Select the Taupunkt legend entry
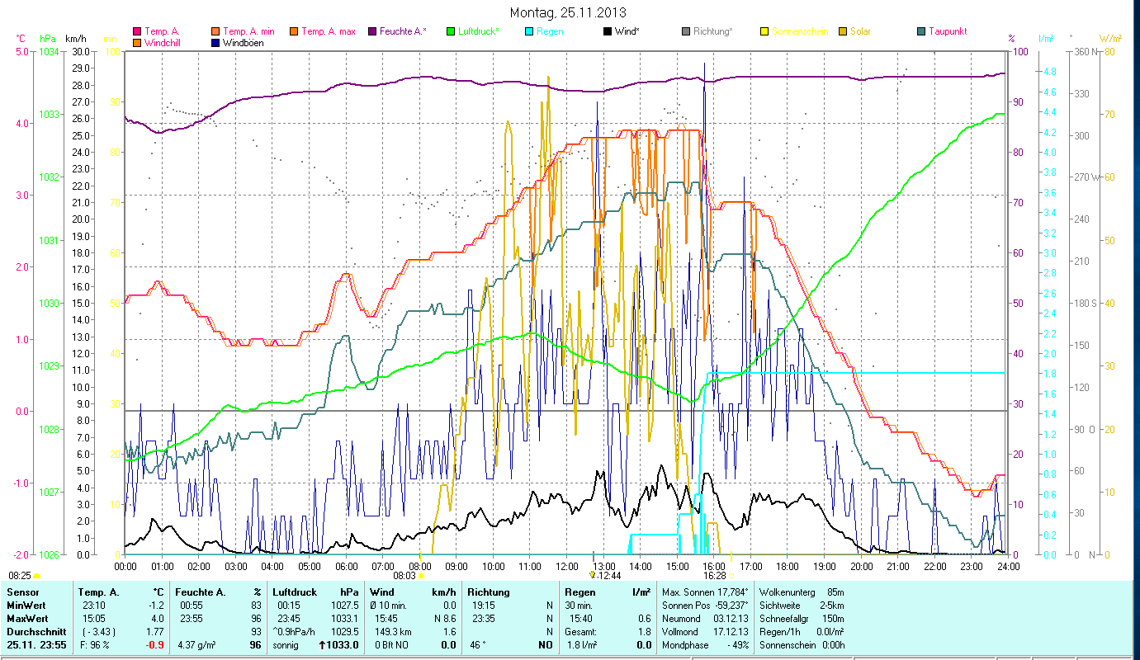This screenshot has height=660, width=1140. tap(947, 31)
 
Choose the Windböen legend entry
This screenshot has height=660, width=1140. tap(243, 43)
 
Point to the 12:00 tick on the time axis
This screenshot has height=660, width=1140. tap(567, 567)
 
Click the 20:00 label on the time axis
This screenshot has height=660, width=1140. tap(862, 567)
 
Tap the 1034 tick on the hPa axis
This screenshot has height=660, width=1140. tap(49, 51)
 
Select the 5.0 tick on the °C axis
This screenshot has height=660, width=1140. tap(21, 51)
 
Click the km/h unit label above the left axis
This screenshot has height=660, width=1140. tap(75, 38)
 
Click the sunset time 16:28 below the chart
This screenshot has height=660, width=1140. tap(714, 576)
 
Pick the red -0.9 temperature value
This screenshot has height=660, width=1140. tap(154, 644)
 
